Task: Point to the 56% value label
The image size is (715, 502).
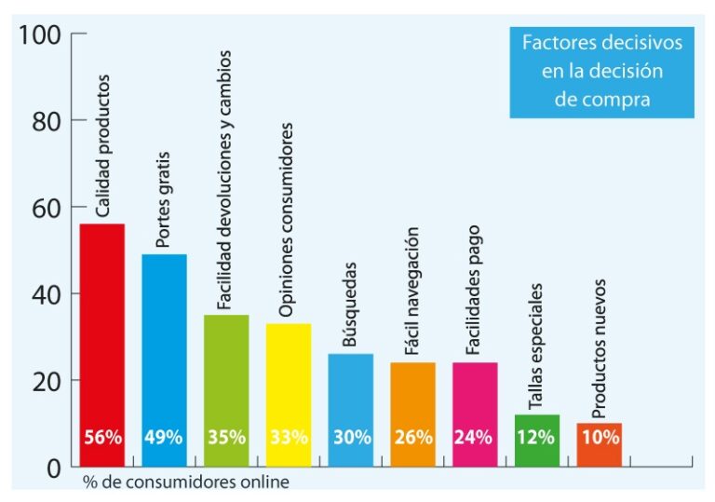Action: (x=102, y=437)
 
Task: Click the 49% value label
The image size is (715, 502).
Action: (x=164, y=437)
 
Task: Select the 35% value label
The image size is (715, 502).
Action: (x=226, y=437)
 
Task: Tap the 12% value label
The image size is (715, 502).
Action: (x=537, y=437)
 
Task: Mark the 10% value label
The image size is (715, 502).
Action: (x=599, y=437)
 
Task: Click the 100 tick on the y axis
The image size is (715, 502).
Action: (x=40, y=35)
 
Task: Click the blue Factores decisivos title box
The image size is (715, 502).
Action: (x=601, y=72)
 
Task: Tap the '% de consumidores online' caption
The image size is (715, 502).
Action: (x=185, y=482)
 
